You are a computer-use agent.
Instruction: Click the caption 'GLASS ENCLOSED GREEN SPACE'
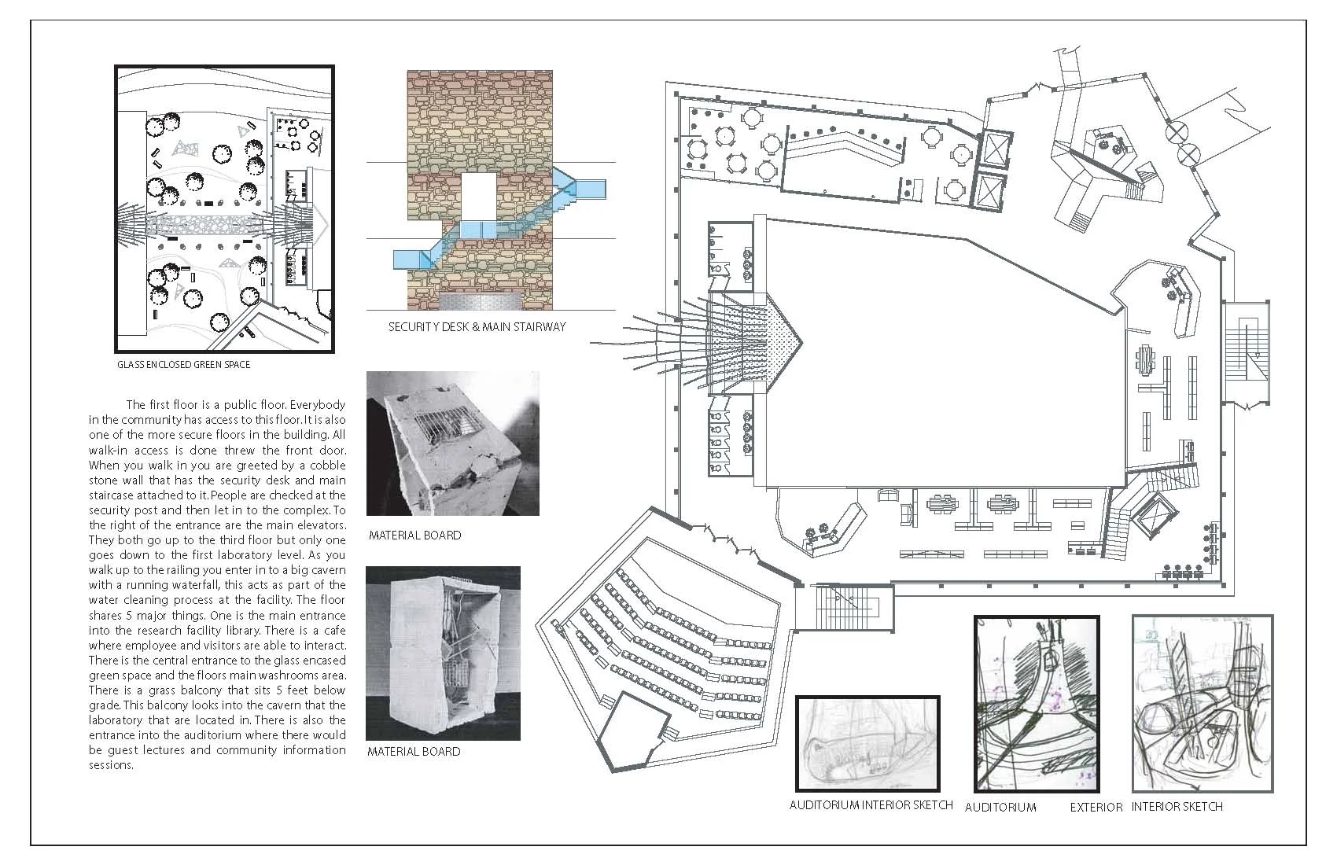click(x=183, y=365)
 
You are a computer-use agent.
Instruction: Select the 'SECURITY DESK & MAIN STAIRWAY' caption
click(x=477, y=327)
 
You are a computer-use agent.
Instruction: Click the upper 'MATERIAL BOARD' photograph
click(x=452, y=443)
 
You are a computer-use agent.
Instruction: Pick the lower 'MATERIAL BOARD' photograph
click(x=443, y=653)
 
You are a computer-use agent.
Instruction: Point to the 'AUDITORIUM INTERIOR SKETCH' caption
click(x=871, y=805)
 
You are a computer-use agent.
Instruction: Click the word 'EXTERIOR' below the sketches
click(x=1096, y=808)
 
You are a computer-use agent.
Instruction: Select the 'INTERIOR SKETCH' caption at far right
click(x=1177, y=807)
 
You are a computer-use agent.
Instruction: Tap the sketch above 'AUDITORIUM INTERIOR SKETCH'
click(x=867, y=744)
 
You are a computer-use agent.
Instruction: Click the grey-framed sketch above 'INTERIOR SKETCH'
click(x=1203, y=704)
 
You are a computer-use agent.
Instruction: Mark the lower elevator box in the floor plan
click(x=989, y=192)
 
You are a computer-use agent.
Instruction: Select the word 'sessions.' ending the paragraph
click(x=111, y=765)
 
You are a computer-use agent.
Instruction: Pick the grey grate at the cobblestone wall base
click(x=479, y=301)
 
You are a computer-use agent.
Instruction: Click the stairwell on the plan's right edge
click(x=1246, y=352)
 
